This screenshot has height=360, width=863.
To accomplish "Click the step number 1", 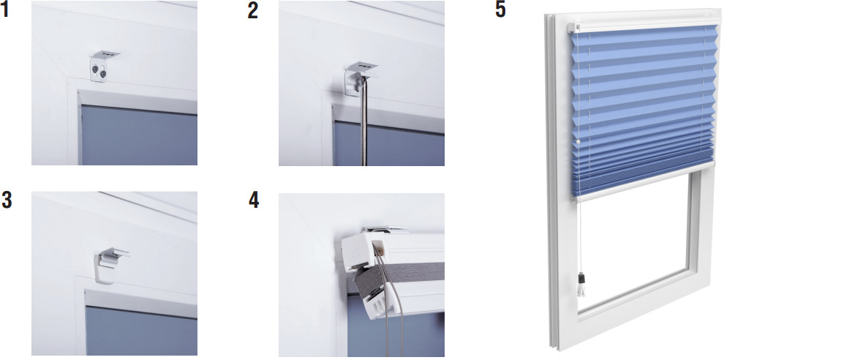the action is pyautogui.click(x=5, y=10).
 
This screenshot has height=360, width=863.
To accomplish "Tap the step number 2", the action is pyautogui.click(x=252, y=11).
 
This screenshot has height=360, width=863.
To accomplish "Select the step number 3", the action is pyautogui.click(x=7, y=200).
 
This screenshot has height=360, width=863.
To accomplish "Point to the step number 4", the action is pyautogui.click(x=253, y=200).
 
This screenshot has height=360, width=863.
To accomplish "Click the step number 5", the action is pyautogui.click(x=500, y=10).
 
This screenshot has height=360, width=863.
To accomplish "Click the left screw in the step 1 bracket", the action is pyautogui.click(x=96, y=70).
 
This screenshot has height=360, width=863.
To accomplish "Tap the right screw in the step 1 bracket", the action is pyautogui.click(x=102, y=73).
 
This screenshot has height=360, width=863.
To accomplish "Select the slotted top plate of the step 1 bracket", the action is pyautogui.click(x=106, y=54).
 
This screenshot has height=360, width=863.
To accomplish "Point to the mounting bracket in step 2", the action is pyautogui.click(x=359, y=77).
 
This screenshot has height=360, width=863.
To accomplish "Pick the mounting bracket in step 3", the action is pyautogui.click(x=111, y=263).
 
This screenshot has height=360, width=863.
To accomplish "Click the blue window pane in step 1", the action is pyautogui.click(x=139, y=135).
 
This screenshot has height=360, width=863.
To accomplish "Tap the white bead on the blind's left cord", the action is pyautogui.click(x=578, y=141).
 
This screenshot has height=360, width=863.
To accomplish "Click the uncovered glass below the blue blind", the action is pyautogui.click(x=633, y=242).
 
